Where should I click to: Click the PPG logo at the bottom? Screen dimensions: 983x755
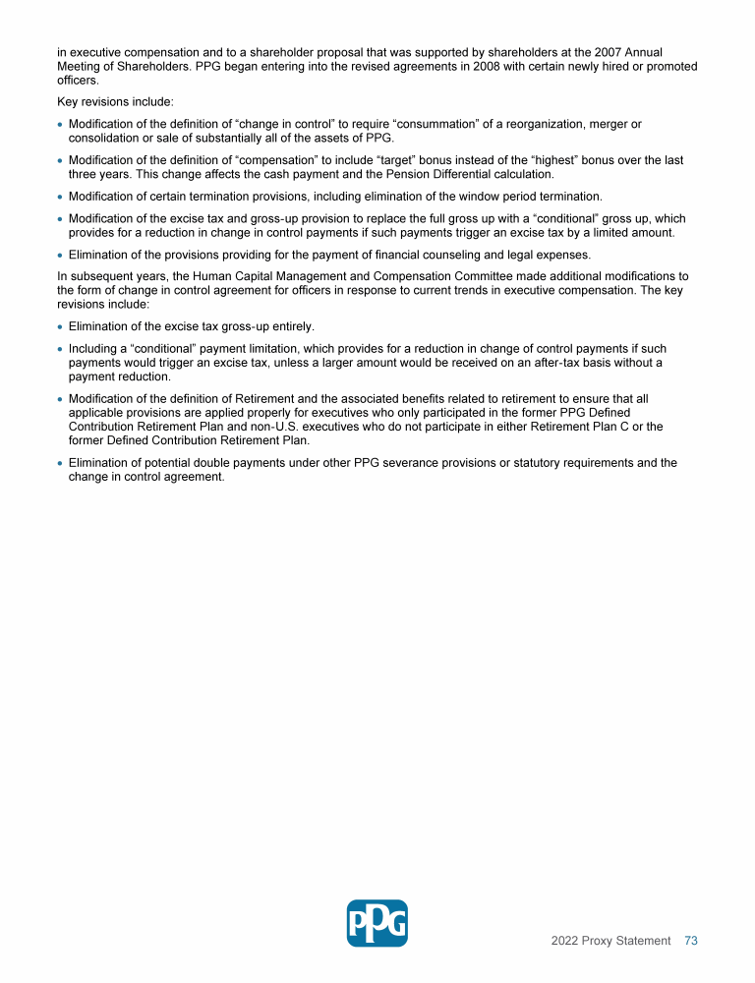tap(377, 923)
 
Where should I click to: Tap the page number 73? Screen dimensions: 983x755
tap(690, 941)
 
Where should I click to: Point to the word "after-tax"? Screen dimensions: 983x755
tap(551, 363)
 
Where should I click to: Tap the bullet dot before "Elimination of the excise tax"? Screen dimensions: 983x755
tap(61, 326)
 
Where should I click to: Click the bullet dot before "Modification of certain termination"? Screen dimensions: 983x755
tap(61, 197)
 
